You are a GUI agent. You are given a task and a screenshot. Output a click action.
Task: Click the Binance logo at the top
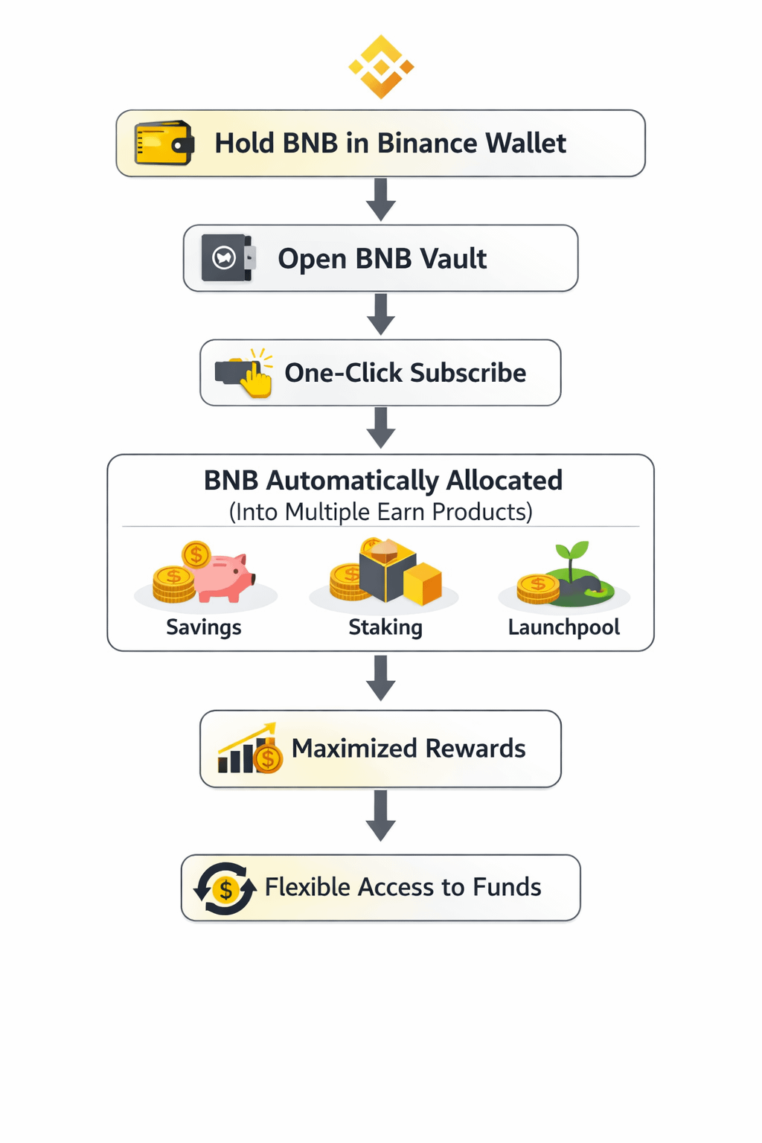(x=381, y=67)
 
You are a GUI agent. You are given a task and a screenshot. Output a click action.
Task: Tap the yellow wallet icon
(x=164, y=143)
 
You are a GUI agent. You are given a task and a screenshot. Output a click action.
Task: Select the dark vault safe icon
(x=228, y=258)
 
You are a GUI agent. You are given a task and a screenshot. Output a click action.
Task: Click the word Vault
(x=453, y=259)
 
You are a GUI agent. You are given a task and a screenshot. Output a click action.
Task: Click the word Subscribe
(x=468, y=373)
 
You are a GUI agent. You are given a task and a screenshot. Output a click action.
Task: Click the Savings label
(x=204, y=627)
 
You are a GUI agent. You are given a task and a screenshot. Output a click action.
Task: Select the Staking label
(x=385, y=627)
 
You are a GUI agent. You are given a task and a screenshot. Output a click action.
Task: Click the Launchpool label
(x=564, y=627)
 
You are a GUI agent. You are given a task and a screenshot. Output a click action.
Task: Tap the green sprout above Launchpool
(x=571, y=554)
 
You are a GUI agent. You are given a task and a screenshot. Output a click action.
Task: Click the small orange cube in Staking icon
(x=423, y=583)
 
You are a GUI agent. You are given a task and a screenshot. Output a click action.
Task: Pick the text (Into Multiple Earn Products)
(x=381, y=512)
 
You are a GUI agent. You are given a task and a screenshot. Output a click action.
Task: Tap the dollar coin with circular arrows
(x=225, y=889)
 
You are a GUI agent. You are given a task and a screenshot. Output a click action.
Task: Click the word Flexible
(x=307, y=887)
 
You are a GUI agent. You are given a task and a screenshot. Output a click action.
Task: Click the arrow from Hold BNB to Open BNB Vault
(x=381, y=199)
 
